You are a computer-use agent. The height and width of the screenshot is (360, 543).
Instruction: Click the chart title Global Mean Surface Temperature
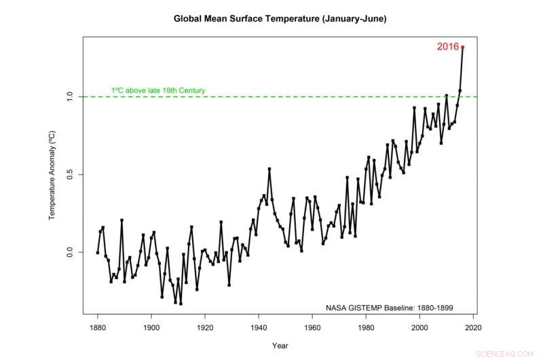pyautogui.click(x=280, y=19)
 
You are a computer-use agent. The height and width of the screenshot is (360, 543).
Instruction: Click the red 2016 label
pyautogui.click(x=447, y=47)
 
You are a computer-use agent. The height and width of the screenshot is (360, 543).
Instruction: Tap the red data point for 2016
pyautogui.click(x=462, y=47)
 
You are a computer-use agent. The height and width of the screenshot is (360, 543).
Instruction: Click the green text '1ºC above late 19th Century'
pyautogui.click(x=158, y=90)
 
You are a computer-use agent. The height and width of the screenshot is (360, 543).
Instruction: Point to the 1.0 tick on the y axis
pyautogui.click(x=71, y=97)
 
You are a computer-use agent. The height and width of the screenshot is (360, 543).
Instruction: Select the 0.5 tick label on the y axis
pyautogui.click(x=71, y=175)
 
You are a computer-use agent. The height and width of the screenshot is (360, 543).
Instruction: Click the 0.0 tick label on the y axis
pyautogui.click(x=71, y=252)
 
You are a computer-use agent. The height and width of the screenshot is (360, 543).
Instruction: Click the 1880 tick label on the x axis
pyautogui.click(x=97, y=326)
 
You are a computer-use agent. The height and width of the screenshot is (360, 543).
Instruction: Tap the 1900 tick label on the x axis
pyautogui.click(x=151, y=326)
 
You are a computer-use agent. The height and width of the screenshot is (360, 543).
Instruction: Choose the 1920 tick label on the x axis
pyautogui.click(x=204, y=326)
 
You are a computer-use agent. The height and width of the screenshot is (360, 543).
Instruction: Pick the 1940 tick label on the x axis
pyautogui.click(x=259, y=326)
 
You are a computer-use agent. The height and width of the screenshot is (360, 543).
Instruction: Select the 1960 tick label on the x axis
pyautogui.click(x=312, y=326)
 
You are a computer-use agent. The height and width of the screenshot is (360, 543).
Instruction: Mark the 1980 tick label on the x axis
pyautogui.click(x=366, y=326)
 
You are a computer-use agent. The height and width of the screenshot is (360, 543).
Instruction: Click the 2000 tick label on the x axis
pyautogui.click(x=419, y=326)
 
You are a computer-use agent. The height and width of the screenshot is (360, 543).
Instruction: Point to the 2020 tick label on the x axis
pyautogui.click(x=473, y=326)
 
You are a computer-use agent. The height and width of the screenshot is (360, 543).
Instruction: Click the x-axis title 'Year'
pyautogui.click(x=280, y=345)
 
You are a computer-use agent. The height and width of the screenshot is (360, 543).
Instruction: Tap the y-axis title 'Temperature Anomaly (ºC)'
pyautogui.click(x=52, y=175)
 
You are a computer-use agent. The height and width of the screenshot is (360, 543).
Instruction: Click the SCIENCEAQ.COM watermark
pyautogui.click(x=514, y=353)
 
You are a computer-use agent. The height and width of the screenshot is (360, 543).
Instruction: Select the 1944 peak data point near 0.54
pyautogui.click(x=269, y=168)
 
